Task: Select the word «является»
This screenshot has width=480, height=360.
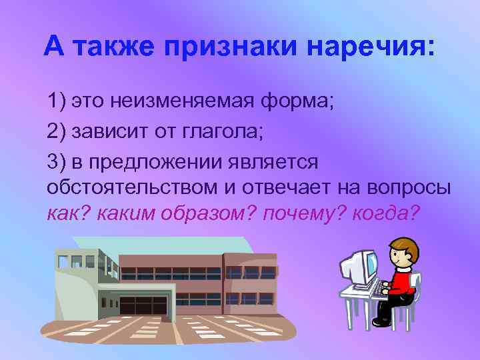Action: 274,161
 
